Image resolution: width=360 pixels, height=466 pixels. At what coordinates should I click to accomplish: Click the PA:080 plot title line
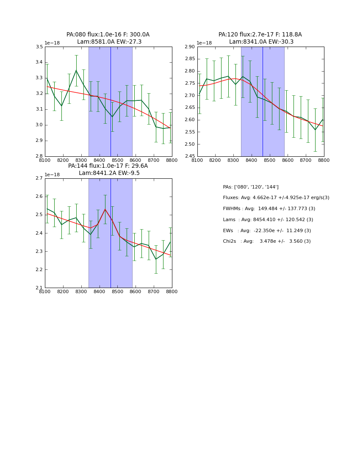pos(108,35)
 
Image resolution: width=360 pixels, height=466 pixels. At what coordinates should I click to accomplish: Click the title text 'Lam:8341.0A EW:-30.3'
pos(261,42)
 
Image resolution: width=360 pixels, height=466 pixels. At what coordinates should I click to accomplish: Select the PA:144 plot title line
pos(108,166)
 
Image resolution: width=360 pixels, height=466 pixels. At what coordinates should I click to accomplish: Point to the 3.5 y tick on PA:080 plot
pos(39,47)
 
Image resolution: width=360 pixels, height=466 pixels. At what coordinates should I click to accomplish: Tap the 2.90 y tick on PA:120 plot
pos(190,47)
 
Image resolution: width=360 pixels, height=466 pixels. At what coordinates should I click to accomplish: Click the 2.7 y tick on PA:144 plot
pos(39,178)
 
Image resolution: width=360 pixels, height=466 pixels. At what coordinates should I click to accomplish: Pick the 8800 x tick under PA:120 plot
pos(324,160)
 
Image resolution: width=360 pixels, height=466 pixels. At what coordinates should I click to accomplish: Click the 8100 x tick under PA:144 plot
pos(45,291)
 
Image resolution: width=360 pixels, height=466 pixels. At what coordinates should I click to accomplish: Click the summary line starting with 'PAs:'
pos(251,187)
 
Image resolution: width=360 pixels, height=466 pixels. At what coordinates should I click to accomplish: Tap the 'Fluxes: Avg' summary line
pos(276,198)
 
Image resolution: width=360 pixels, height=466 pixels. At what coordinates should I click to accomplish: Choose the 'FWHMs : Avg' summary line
pos(269,208)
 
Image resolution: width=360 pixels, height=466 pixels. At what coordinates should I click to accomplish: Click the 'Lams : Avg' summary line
pos(268,219)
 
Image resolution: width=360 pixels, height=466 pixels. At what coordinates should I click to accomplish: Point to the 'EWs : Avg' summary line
pos(267,230)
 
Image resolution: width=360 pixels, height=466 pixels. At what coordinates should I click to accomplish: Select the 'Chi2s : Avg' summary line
pos(267,241)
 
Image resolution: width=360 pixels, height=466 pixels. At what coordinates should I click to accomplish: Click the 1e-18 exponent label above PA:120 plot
pos(204,43)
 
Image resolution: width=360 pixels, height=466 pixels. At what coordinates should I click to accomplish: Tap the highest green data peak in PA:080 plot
pos(76,70)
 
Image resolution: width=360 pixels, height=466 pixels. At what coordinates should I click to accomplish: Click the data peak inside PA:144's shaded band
pos(105,209)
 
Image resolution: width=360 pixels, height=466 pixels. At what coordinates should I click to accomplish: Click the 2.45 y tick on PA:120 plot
pos(190,156)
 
